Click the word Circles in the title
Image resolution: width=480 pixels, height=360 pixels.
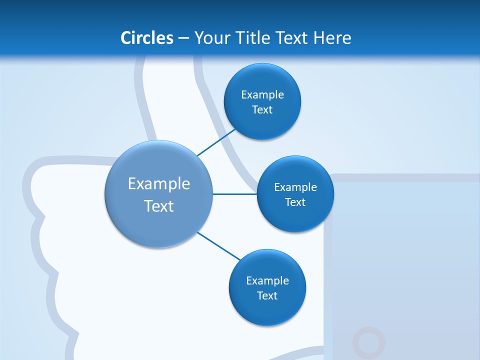point(147,38)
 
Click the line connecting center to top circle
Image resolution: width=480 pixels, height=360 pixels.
point(217,142)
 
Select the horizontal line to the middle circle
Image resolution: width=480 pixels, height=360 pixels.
point(235,194)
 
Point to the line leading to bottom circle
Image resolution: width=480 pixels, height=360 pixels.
point(218,246)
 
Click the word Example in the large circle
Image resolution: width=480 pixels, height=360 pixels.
point(159,184)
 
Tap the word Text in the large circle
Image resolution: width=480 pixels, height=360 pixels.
point(159,206)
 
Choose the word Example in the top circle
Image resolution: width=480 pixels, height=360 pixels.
point(262,95)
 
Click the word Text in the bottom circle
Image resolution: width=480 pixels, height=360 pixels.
point(267,295)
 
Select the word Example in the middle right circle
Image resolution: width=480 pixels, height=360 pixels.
point(295,187)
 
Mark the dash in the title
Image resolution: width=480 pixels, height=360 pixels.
point(183,38)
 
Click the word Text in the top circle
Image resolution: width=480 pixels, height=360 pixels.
point(262,110)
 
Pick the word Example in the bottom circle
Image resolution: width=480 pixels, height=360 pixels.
point(267,280)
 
